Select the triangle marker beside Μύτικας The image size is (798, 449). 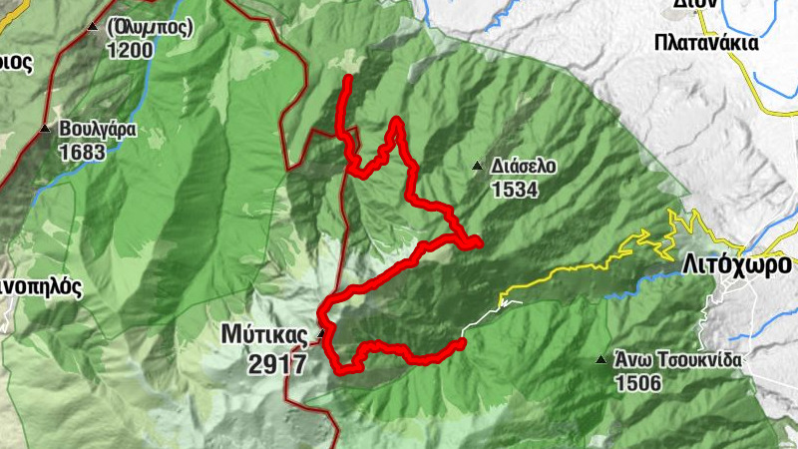click(320, 333)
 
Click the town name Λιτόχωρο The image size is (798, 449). click(739, 264)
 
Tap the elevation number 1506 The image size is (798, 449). click(639, 382)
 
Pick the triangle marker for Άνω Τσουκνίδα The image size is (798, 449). click(600, 360)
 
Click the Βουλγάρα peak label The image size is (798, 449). click(97, 130)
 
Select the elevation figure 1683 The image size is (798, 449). click(83, 153)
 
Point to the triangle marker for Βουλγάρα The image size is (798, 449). click(45, 129)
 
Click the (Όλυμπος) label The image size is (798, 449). click(148, 27)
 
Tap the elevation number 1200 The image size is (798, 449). click(130, 49)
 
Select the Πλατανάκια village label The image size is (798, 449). click(706, 44)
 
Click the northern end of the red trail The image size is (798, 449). click(347, 78)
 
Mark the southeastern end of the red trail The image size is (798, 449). click(462, 343)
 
